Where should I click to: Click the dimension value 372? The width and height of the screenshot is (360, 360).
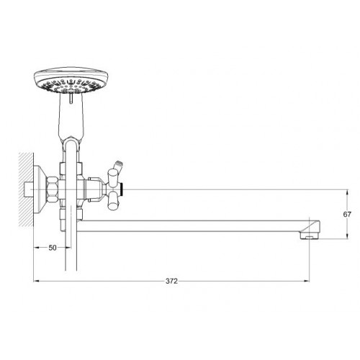click(x=171, y=281)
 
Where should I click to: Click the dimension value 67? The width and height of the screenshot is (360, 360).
click(x=347, y=215)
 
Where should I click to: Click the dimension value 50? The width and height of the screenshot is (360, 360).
click(x=53, y=248)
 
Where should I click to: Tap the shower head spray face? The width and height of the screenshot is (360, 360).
click(x=71, y=86)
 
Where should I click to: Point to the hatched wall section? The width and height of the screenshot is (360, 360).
click(x=26, y=189)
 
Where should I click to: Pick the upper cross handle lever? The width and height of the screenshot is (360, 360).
click(x=113, y=177)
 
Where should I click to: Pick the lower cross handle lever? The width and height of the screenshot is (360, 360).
click(x=113, y=202)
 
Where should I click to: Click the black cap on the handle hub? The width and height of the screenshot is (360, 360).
click(x=122, y=189)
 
